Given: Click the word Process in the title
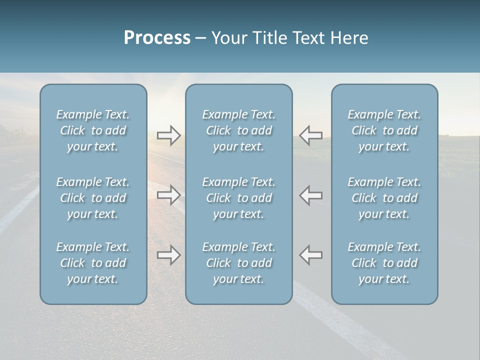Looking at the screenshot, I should [x=157, y=38].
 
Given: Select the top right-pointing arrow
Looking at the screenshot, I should [x=168, y=135].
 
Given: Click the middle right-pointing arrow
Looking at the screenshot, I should [x=168, y=195].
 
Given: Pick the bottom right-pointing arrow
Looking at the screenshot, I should [x=168, y=255].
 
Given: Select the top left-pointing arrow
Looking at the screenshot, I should [x=311, y=135].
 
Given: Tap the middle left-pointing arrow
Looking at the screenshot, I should [x=311, y=195].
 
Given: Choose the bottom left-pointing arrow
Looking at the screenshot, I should [x=311, y=255].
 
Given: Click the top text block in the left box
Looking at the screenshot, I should [x=93, y=130].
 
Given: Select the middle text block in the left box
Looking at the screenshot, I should [x=93, y=198].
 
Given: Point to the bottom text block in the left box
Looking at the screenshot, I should [x=93, y=263].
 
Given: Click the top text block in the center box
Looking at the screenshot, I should [x=238, y=130].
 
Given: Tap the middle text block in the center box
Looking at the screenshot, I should [x=238, y=198].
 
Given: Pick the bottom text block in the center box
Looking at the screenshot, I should [x=238, y=263].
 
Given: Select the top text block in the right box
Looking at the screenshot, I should [x=384, y=130].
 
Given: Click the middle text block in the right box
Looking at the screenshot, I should [x=384, y=198].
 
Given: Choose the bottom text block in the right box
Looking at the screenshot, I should [x=384, y=263].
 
